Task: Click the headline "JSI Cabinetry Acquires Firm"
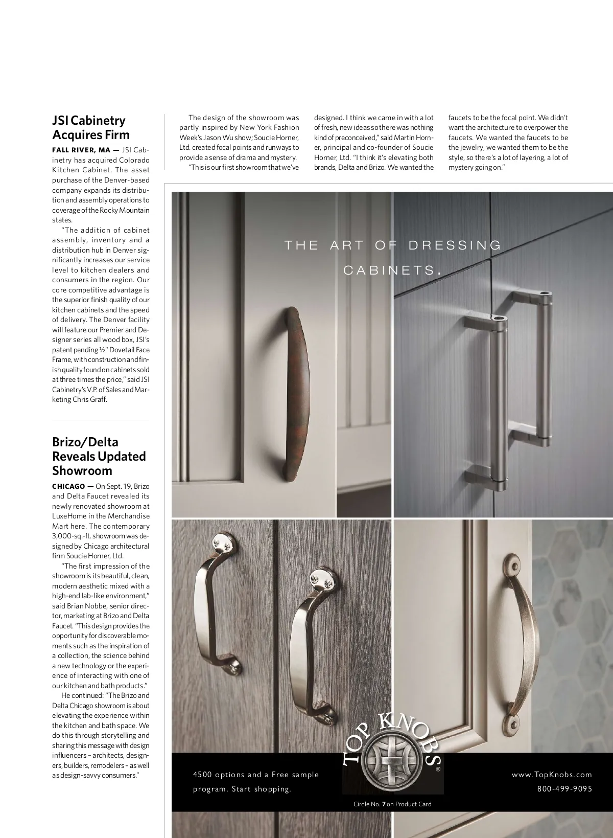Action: click(x=91, y=128)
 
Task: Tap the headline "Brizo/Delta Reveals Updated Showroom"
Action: click(x=99, y=456)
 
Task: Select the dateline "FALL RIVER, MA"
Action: click(x=81, y=150)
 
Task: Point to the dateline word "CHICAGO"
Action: click(x=68, y=486)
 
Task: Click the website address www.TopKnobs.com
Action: click(x=552, y=775)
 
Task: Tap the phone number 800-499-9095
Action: click(x=564, y=789)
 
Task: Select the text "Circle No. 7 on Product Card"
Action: click(x=392, y=804)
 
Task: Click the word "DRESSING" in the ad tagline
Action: click(x=456, y=245)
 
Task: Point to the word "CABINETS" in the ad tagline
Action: click(x=389, y=270)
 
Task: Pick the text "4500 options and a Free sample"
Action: click(x=255, y=775)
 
